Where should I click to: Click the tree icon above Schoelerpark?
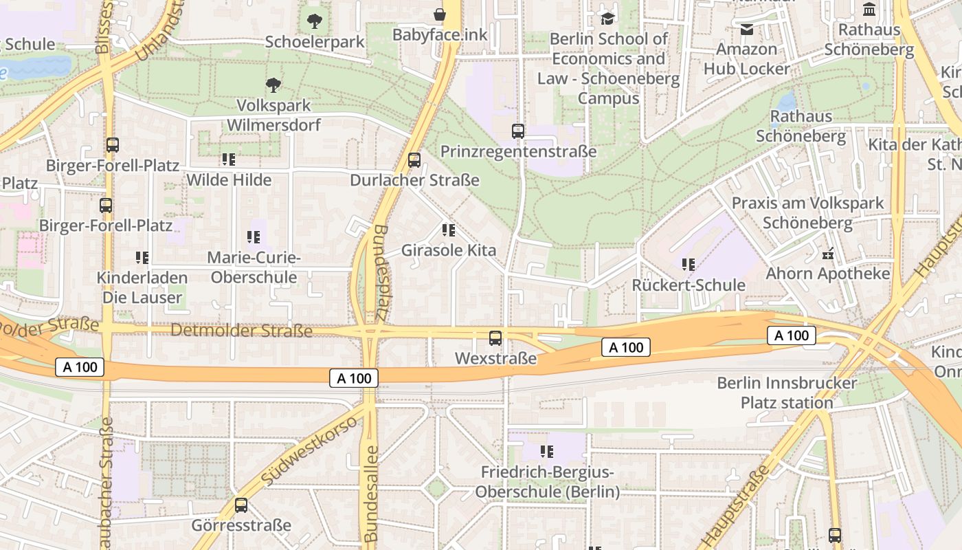click(x=314, y=21)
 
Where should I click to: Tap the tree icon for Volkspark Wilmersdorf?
click(x=273, y=85)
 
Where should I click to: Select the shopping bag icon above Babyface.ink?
click(x=439, y=14)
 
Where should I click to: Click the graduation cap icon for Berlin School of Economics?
click(x=607, y=18)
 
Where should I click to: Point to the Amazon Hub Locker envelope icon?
click(x=747, y=29)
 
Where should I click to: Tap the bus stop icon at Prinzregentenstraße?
click(x=518, y=131)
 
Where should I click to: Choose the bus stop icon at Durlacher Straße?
click(x=414, y=160)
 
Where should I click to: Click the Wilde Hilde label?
click(x=229, y=180)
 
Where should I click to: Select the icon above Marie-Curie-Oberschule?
click(x=254, y=237)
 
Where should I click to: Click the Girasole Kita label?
click(x=448, y=250)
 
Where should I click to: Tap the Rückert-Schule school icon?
click(x=689, y=264)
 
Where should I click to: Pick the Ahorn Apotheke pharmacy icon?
click(x=828, y=254)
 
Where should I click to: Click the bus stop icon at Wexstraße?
click(x=495, y=338)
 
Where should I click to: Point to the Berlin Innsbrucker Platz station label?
click(x=787, y=393)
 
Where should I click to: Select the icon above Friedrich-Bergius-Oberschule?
click(x=547, y=452)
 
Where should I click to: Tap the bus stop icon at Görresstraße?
click(x=241, y=505)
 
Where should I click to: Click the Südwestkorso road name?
click(x=310, y=450)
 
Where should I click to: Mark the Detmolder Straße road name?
click(x=241, y=331)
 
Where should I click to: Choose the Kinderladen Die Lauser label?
click(x=142, y=287)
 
